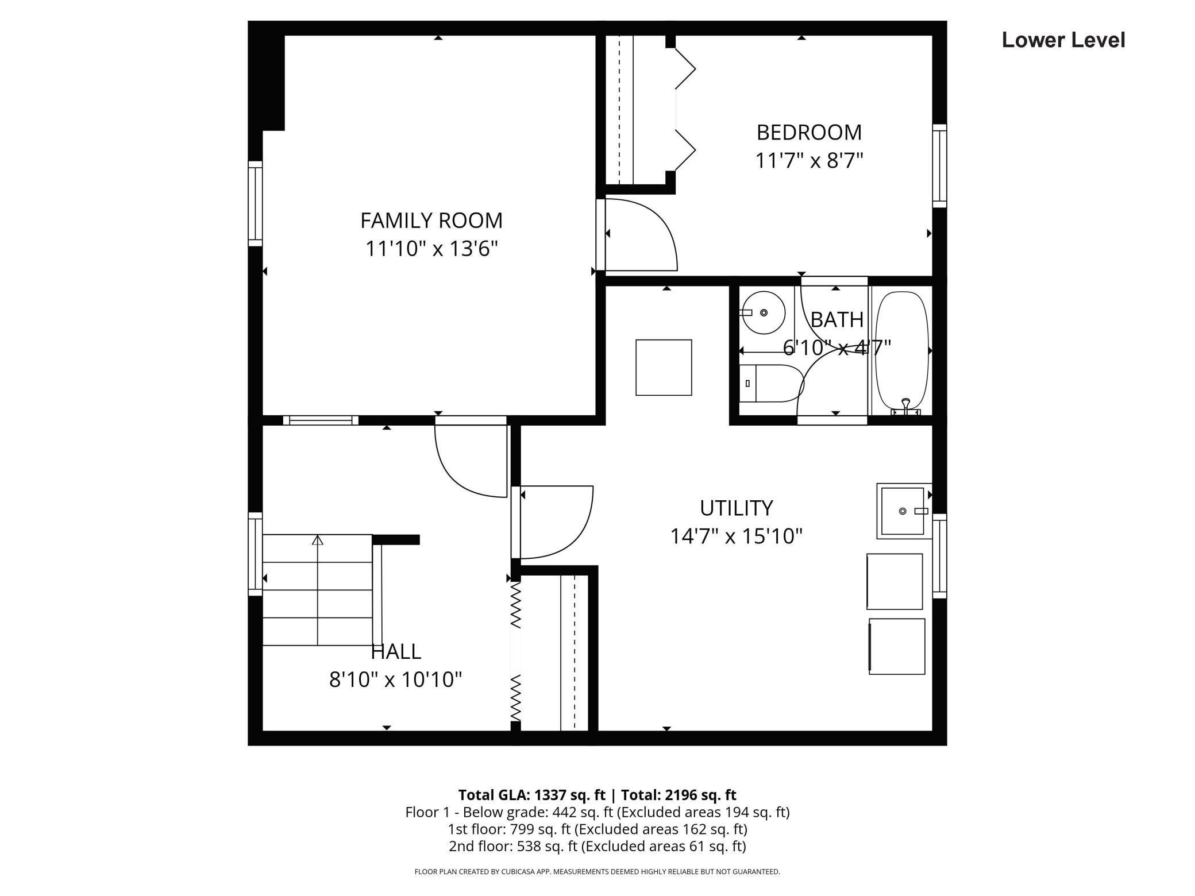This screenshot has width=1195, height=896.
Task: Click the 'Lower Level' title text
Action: tap(1063, 40)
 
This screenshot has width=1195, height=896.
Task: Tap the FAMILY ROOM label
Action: tap(431, 221)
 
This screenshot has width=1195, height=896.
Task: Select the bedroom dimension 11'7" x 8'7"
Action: tap(809, 161)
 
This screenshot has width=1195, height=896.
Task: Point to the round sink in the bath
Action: tap(762, 313)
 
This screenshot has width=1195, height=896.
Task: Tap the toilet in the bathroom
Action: tap(770, 383)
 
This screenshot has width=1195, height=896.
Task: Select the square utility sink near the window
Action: tap(903, 511)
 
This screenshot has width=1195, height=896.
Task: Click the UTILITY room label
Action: tap(736, 508)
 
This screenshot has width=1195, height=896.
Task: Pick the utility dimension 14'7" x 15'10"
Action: tap(736, 536)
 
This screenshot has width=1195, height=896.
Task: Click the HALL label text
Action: tap(396, 652)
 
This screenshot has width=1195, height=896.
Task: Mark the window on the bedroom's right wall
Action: tap(939, 165)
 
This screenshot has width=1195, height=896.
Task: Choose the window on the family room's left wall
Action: tap(255, 204)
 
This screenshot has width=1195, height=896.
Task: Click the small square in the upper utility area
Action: tap(664, 368)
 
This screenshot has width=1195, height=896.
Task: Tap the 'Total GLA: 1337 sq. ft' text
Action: tap(531, 795)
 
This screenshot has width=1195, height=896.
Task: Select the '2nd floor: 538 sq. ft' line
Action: tap(597, 846)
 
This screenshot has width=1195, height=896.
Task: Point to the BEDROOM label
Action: tap(809, 133)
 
